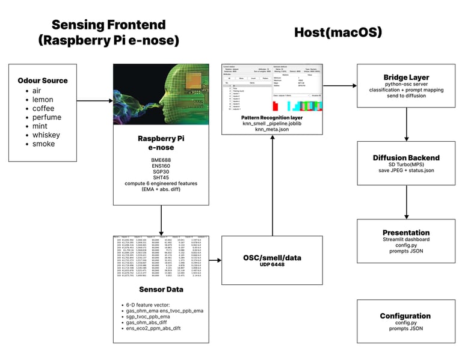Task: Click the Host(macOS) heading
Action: click(337, 32)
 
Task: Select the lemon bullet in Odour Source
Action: click(43, 100)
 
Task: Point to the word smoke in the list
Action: click(44, 144)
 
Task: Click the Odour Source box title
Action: click(43, 81)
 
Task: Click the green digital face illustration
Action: click(161, 94)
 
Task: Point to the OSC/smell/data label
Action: click(273, 257)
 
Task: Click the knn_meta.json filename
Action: click(273, 129)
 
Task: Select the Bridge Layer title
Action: click(406, 78)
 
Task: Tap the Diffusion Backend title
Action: click(406, 158)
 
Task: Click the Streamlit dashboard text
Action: click(406, 240)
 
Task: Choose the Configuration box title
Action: click(406, 316)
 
